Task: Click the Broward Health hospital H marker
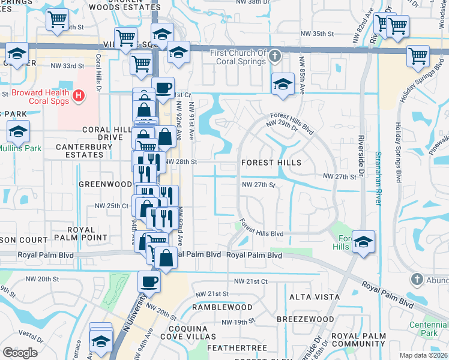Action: click(x=77, y=95)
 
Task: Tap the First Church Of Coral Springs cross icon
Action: click(x=275, y=57)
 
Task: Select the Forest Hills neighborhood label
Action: click(x=270, y=163)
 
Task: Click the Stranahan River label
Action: click(x=378, y=178)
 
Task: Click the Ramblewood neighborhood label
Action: click(x=222, y=307)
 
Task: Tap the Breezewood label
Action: click(x=304, y=319)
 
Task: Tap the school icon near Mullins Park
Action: click(x=19, y=130)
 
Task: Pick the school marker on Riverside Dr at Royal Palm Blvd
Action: click(x=363, y=241)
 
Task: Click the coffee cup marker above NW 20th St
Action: click(x=149, y=280)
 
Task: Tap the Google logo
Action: click(x=20, y=353)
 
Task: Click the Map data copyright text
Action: click(x=423, y=355)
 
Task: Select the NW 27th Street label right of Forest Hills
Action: click(x=340, y=176)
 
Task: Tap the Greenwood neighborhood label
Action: click(x=104, y=184)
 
